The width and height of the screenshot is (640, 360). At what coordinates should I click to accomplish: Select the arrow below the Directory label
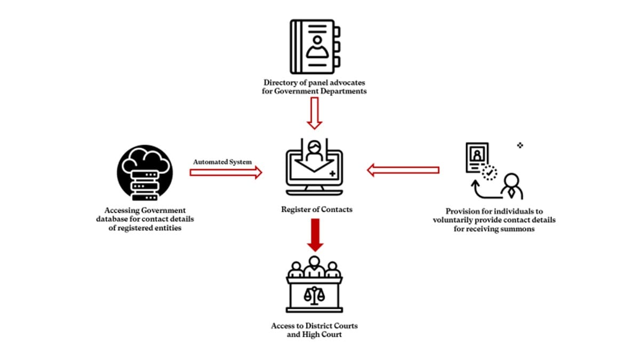click(315, 113)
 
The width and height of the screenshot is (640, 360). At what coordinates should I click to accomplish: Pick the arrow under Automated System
click(226, 172)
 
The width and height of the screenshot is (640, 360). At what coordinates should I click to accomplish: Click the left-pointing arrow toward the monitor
click(403, 170)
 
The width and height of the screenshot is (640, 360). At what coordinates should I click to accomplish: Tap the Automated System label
click(222, 161)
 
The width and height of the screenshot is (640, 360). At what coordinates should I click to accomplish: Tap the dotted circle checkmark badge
click(489, 173)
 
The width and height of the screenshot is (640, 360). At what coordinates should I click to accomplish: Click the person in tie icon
click(510, 187)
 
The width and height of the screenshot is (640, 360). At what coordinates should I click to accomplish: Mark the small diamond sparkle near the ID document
click(520, 145)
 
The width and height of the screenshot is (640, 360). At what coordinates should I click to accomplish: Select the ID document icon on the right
click(477, 157)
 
